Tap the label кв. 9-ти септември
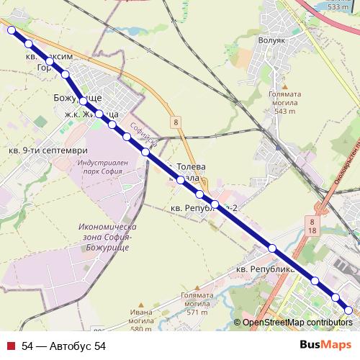pos(48,150)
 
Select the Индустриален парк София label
pos(100,168)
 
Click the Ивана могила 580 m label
pos(142,317)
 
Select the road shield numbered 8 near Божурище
pos(175,122)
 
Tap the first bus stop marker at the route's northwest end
pos(12,30)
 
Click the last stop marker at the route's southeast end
pos(349,310)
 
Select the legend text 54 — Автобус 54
pos(64,346)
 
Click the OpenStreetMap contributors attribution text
pos(298,323)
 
